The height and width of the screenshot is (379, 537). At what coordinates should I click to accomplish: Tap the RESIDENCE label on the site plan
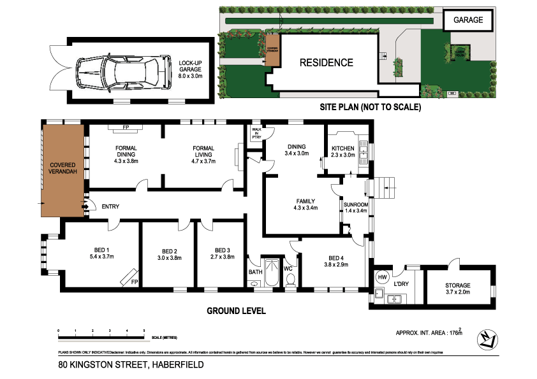[327, 62]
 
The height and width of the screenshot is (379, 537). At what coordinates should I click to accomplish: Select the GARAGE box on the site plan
[468, 20]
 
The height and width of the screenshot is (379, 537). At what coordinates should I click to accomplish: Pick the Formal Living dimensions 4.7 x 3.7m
[203, 161]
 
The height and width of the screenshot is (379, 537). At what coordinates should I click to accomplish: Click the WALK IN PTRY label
[256, 135]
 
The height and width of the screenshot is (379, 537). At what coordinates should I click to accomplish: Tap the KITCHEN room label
[342, 148]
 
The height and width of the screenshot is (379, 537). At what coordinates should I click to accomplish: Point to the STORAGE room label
[458, 285]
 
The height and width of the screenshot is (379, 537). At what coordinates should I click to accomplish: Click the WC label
[288, 269]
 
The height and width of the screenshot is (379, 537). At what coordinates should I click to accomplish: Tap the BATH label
[255, 272]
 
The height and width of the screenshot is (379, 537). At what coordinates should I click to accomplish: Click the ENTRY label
[110, 206]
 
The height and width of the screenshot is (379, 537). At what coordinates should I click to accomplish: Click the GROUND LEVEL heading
[236, 311]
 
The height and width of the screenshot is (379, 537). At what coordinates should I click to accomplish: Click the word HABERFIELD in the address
[177, 365]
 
